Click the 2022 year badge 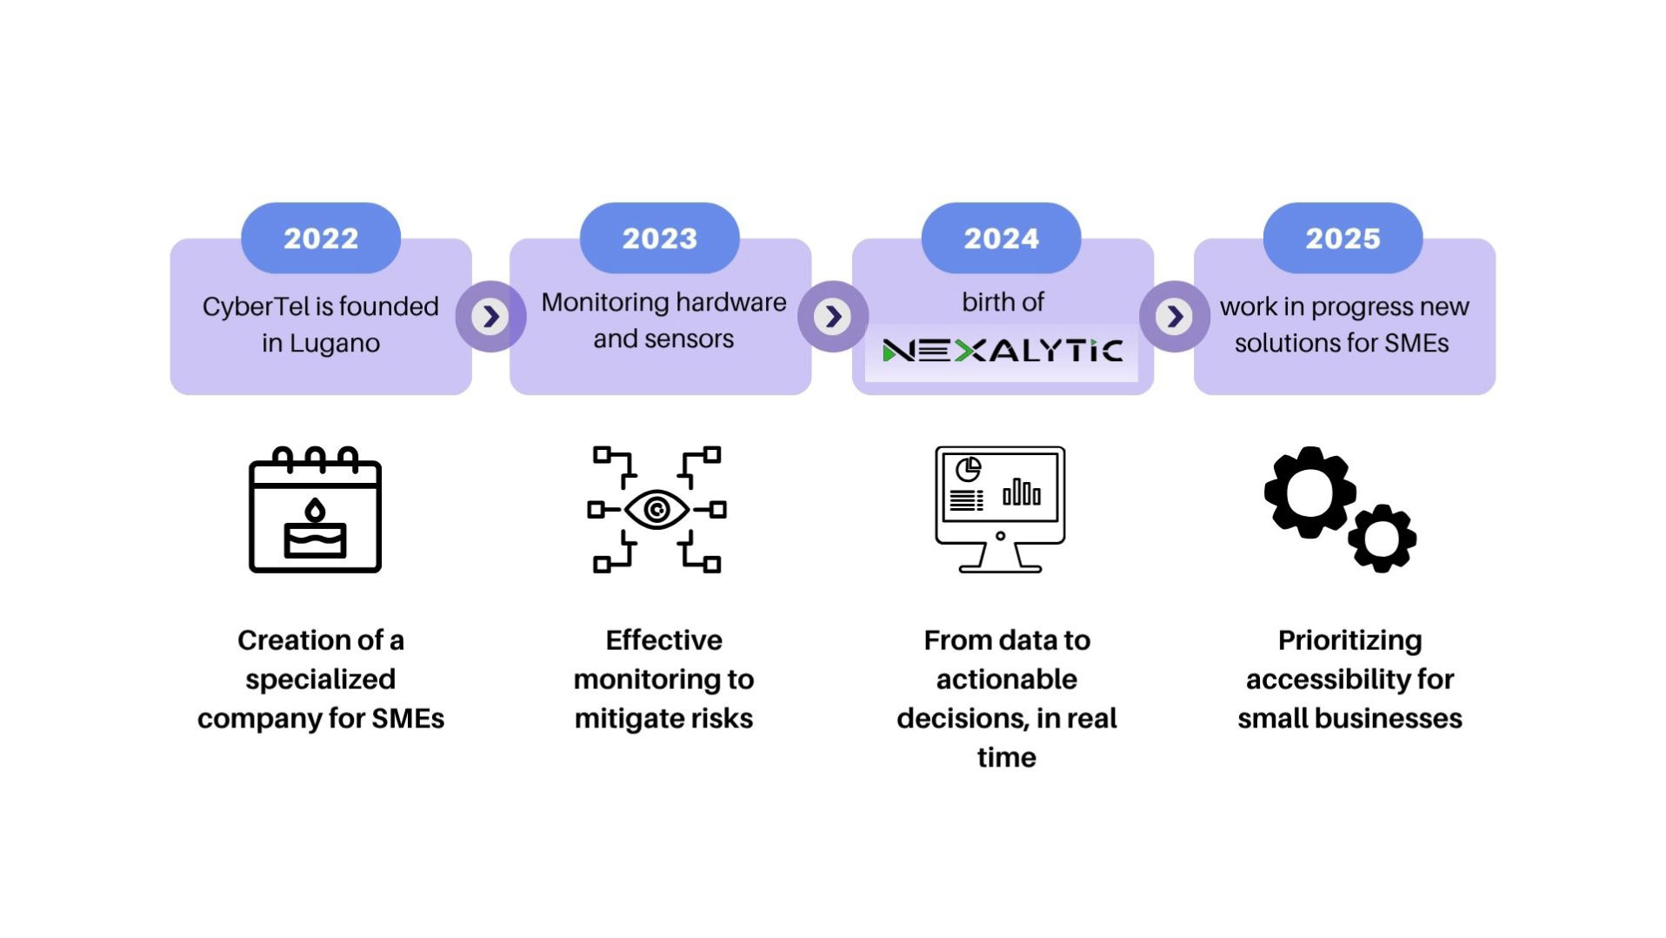tap(320, 238)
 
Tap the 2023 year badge tap(659, 238)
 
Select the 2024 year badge tap(1001, 238)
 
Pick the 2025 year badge tap(1343, 238)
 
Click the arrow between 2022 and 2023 tap(490, 316)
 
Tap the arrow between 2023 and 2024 tap(832, 316)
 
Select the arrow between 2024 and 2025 tap(1174, 316)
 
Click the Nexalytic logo tap(1002, 351)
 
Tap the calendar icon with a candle tap(315, 510)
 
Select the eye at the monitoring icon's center tap(656, 510)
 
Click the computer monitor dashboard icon tap(1000, 510)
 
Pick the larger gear tap(1309, 492)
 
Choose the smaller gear tap(1382, 539)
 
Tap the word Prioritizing tap(1349, 640)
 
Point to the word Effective tap(663, 640)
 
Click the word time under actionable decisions tap(1006, 758)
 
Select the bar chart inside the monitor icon tap(1022, 492)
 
